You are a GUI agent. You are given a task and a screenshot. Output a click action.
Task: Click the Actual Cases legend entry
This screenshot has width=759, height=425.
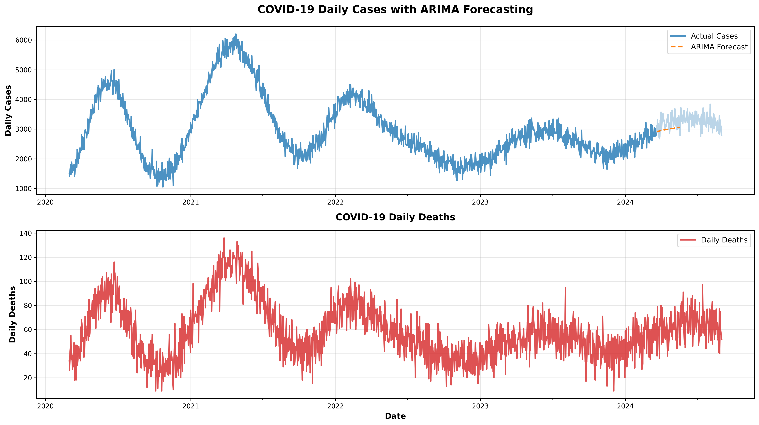(714, 36)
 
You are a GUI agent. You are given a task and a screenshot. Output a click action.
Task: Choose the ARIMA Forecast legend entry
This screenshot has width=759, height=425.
(719, 47)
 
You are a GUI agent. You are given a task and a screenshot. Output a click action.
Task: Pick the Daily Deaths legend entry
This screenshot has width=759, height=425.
(724, 240)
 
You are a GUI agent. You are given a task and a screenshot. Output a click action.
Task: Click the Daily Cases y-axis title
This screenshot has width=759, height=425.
(8, 110)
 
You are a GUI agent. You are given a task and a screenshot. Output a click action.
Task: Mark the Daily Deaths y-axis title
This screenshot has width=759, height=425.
(12, 314)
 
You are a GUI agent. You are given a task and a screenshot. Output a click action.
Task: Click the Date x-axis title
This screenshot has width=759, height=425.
(395, 416)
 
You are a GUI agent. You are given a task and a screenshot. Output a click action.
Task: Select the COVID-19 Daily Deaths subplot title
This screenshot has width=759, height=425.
(395, 217)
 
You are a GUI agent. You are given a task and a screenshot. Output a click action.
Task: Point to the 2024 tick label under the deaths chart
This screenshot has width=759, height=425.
(625, 406)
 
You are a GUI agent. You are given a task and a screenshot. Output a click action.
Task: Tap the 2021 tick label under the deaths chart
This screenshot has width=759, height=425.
(190, 406)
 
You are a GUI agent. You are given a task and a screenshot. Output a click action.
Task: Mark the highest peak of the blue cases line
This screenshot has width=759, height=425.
(236, 34)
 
